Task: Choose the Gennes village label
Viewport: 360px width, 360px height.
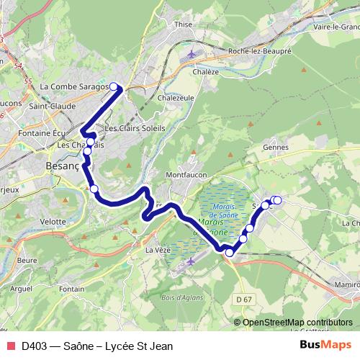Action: (276, 147)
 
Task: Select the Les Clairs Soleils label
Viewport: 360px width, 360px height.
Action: (135, 128)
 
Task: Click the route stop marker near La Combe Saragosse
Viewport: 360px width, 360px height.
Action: (113, 87)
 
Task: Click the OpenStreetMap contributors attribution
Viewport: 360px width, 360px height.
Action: (297, 322)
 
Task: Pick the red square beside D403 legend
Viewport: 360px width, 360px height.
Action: (11, 345)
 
